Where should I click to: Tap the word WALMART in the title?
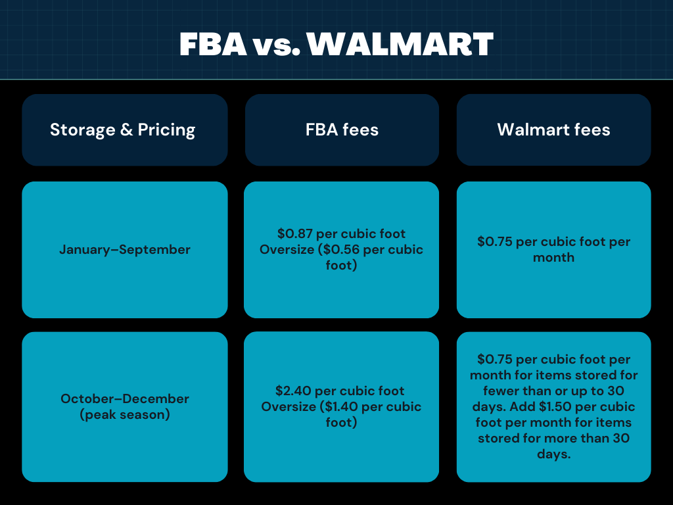[x=400, y=44]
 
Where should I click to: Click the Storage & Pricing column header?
[x=123, y=130]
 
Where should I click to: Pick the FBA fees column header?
[x=342, y=130]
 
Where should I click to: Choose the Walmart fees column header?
[x=553, y=130]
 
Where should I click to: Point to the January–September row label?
[x=125, y=250]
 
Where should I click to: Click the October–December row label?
[x=125, y=398]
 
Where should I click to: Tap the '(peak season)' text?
[x=125, y=415]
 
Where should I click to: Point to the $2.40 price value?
[x=293, y=391]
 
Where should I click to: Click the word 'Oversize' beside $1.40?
[x=289, y=407]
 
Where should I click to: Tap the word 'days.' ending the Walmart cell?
[x=553, y=454]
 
